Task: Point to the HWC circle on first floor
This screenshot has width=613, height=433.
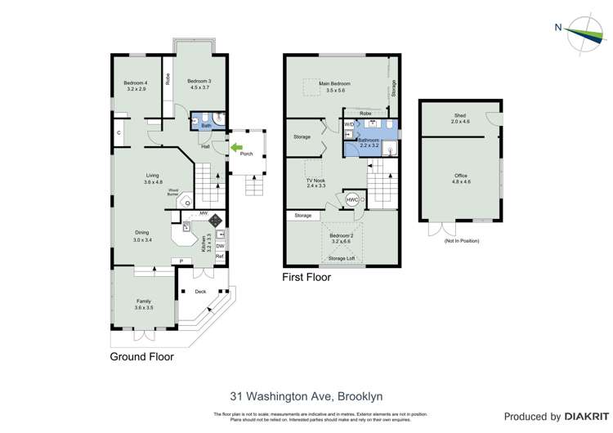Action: (x=351, y=199)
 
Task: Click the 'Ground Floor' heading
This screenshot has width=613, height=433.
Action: (x=142, y=356)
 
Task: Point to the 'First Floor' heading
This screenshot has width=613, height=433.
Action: (x=306, y=277)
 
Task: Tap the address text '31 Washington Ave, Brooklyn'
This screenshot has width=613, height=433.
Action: (x=306, y=395)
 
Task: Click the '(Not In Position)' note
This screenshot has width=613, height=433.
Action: (x=461, y=241)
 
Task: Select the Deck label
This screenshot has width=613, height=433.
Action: (x=200, y=291)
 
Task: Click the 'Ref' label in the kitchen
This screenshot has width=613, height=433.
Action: (x=219, y=257)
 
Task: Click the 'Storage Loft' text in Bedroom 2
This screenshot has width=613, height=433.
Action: (x=342, y=258)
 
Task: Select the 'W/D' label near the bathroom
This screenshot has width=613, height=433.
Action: (x=349, y=124)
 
